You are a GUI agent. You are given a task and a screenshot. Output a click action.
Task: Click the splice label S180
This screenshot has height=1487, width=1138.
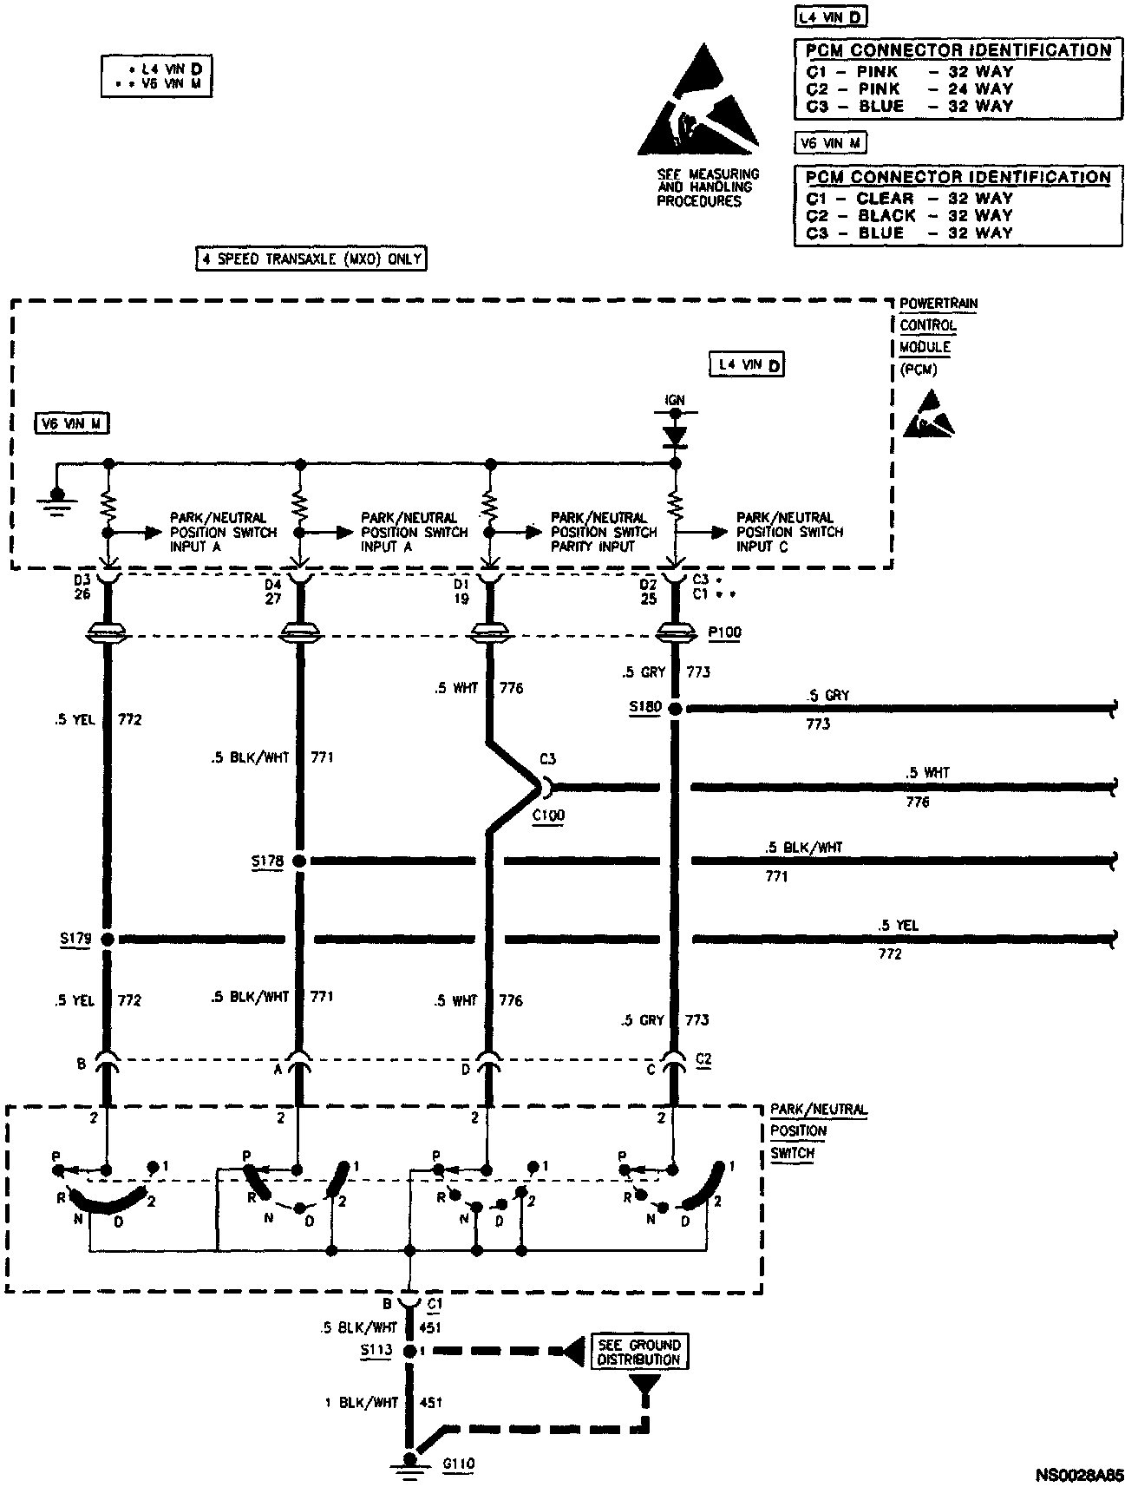tap(645, 708)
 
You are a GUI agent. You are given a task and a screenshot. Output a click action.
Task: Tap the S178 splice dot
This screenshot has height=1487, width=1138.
tap(299, 861)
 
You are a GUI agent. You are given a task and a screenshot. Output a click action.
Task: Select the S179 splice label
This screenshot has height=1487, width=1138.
tap(75, 940)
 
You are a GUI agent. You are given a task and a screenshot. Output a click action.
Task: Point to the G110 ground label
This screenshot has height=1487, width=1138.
tap(458, 1464)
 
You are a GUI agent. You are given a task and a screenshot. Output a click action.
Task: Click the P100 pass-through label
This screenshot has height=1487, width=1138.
tap(724, 632)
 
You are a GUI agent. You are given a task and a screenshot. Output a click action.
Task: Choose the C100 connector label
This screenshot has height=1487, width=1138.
tap(547, 816)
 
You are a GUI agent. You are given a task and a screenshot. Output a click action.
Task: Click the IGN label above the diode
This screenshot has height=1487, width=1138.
tap(674, 400)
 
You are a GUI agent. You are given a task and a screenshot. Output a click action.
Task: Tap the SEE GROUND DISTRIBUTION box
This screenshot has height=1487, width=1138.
tap(639, 1352)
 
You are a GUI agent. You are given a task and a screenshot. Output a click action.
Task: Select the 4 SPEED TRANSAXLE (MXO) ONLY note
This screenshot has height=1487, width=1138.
tap(311, 259)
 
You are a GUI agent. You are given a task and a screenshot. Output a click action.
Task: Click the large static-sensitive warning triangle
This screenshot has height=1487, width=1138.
tap(698, 104)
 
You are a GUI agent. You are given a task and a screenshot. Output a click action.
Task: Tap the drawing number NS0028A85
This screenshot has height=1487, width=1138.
tap(1079, 1475)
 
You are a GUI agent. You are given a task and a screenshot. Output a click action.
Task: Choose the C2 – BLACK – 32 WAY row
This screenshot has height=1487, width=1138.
tap(909, 215)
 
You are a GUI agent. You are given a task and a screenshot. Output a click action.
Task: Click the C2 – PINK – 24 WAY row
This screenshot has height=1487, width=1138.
tap(909, 88)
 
